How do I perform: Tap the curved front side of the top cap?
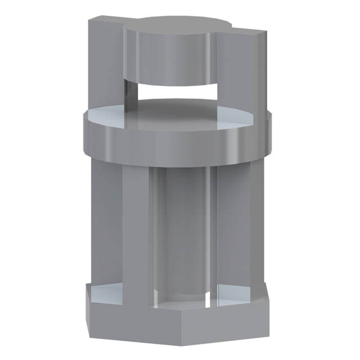coord(169,56)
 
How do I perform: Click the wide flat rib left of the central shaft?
coord(135,231)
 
